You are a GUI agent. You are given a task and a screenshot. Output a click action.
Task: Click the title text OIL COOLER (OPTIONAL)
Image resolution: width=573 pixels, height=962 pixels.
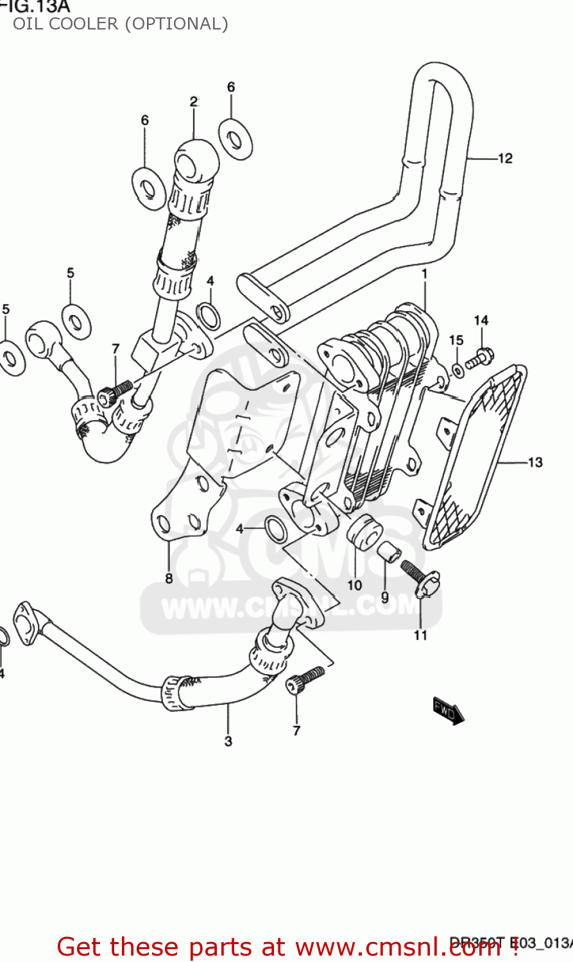coord(120,24)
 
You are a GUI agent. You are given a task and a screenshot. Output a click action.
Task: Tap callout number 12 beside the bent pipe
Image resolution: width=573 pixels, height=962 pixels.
coord(506,158)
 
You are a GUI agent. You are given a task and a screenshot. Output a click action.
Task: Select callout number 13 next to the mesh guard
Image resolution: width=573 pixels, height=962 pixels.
coord(535,462)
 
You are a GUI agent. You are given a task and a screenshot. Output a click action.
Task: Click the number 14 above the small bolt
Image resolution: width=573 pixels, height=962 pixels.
coord(481,321)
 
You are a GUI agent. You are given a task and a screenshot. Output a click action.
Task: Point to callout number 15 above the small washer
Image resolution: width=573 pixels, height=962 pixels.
coord(456,340)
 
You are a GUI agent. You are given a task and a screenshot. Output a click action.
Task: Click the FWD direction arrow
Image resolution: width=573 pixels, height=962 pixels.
coord(448,710)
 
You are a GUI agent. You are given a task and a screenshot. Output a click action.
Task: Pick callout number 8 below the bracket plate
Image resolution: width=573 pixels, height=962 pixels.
coord(169,578)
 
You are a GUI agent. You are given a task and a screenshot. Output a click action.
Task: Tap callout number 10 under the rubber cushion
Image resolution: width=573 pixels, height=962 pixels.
coord(355,585)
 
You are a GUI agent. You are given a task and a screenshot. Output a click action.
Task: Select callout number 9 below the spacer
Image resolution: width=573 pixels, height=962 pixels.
coord(384,597)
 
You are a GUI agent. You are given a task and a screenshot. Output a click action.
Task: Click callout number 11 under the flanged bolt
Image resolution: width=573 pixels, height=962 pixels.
coord(420,635)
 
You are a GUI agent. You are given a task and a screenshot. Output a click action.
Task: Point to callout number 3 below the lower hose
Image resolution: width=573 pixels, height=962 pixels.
coord(228,741)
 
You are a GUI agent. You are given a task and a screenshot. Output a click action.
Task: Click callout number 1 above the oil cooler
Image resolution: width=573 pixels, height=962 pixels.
coord(424,274)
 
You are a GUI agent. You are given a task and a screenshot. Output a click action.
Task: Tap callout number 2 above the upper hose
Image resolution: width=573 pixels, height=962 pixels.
coord(193,101)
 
